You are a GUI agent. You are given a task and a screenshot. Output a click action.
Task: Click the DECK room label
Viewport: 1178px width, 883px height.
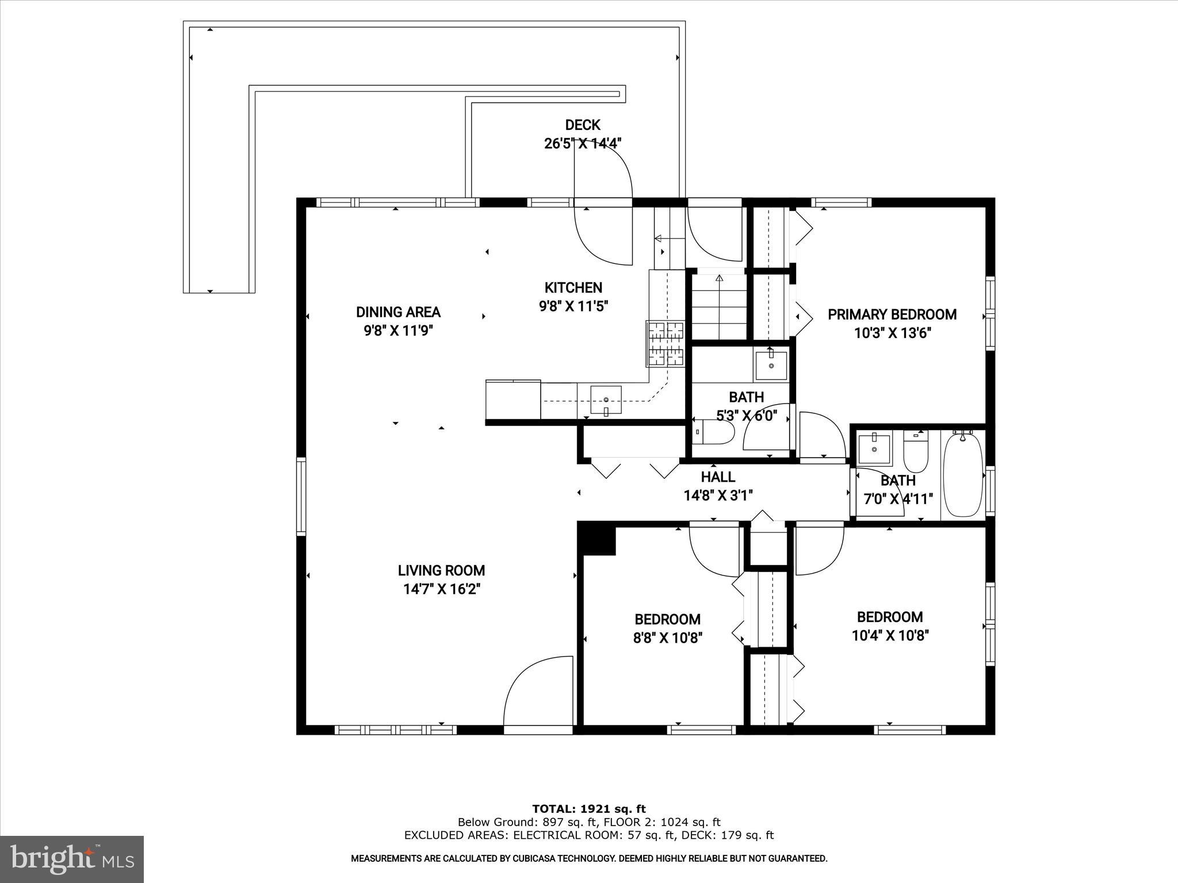(x=582, y=125)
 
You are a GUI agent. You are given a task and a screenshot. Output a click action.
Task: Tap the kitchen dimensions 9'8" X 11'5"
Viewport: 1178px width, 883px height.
(x=573, y=306)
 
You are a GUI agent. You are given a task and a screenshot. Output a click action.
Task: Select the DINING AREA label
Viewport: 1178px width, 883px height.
(x=398, y=312)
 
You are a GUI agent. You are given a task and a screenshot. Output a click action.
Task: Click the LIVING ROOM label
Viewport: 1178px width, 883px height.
(x=441, y=570)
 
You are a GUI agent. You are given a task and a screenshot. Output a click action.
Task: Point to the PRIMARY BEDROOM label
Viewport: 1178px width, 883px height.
(x=892, y=314)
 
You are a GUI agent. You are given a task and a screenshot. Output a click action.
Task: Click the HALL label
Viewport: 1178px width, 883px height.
(x=718, y=477)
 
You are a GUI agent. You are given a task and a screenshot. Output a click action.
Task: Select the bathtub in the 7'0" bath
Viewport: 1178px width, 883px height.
(x=963, y=475)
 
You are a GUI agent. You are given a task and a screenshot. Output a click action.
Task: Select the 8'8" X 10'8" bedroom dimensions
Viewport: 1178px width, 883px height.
(x=667, y=638)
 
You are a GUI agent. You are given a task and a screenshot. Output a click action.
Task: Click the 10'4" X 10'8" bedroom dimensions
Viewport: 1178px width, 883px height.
(x=890, y=635)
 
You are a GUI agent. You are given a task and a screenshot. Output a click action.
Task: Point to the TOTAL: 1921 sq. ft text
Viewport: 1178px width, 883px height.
(x=588, y=809)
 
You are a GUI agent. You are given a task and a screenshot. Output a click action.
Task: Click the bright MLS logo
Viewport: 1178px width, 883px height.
(x=72, y=859)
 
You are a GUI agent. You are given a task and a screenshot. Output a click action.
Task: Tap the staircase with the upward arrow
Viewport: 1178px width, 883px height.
(x=718, y=308)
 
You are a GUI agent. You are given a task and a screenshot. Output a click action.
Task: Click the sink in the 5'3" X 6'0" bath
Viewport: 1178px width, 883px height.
(x=771, y=364)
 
